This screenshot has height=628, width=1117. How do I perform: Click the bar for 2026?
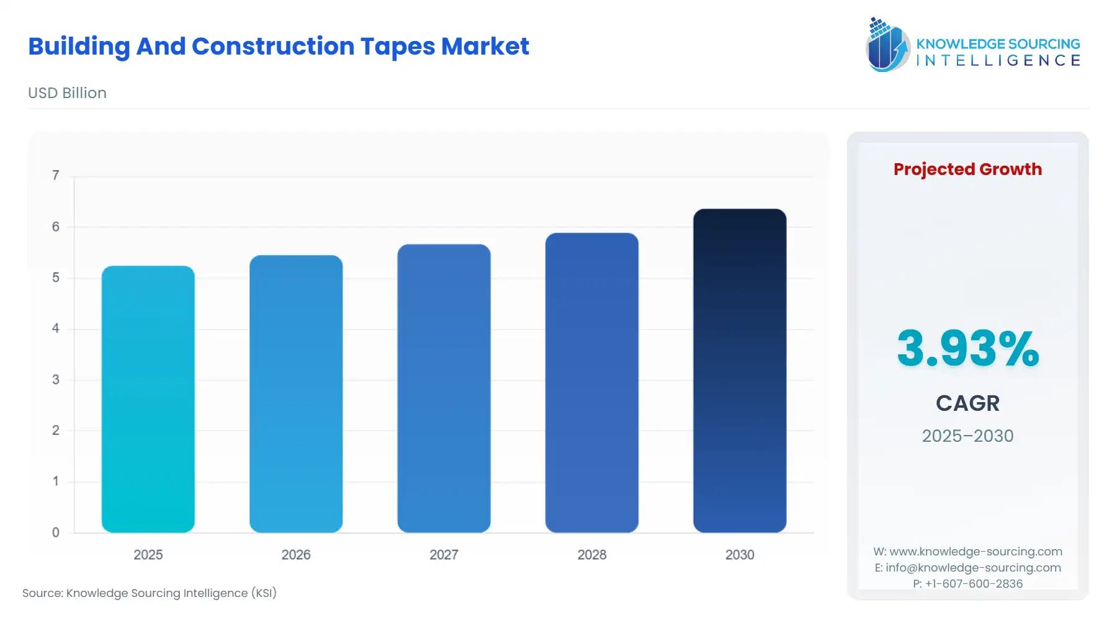click(x=296, y=394)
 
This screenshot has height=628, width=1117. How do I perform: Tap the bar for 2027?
click(x=444, y=388)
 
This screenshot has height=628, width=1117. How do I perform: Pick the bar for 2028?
click(x=591, y=383)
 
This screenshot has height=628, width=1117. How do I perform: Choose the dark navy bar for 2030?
click(x=740, y=370)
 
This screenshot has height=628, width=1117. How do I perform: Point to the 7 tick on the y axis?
click(x=56, y=176)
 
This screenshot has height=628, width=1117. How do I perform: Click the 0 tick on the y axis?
click(x=56, y=532)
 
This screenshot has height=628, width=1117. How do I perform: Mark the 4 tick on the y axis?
click(x=56, y=328)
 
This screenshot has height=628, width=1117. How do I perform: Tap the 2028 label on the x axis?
click(x=591, y=555)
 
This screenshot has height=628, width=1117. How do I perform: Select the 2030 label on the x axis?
click(x=740, y=555)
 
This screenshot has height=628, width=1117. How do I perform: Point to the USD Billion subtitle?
click(x=67, y=93)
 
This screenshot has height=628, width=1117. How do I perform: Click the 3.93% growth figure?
click(x=967, y=348)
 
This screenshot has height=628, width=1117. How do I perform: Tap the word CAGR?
click(x=967, y=403)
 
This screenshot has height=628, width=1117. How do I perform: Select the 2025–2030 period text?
click(x=967, y=436)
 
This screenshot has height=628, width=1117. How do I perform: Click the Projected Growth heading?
click(x=967, y=169)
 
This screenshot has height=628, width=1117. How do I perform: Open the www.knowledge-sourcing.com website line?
click(x=967, y=552)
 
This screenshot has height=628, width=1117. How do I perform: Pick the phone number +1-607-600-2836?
click(x=967, y=584)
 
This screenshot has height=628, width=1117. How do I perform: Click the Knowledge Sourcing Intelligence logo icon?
click(x=887, y=45)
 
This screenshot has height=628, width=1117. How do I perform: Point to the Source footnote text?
click(x=150, y=593)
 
